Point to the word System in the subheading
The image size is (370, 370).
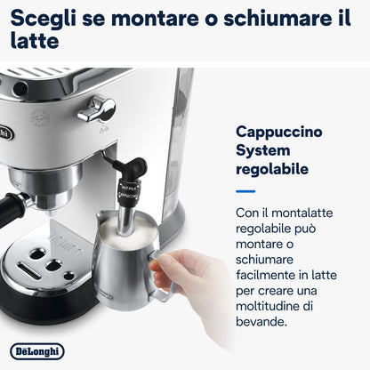pyautogui.click(x=265, y=151)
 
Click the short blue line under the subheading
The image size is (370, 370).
pyautogui.click(x=245, y=190)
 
